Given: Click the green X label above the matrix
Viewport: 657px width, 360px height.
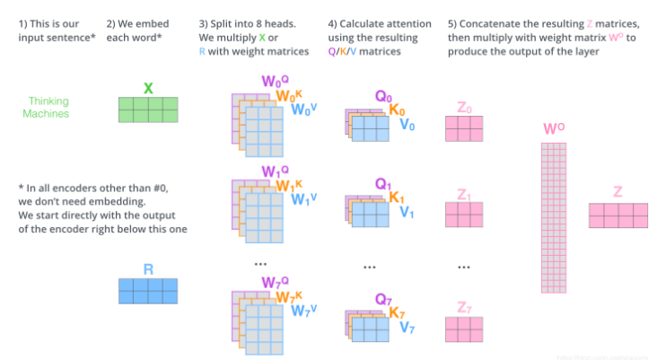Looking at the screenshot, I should (148, 88).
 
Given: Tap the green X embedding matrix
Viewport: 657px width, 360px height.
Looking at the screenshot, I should (148, 110).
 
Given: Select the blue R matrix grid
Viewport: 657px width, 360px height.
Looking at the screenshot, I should (148, 291).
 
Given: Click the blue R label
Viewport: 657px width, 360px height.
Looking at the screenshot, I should (148, 268).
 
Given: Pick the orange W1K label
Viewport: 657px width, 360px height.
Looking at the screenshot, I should (290, 186).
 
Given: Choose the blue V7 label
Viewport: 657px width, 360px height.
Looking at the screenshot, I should (407, 327).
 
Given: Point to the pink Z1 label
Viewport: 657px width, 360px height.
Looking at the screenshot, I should (463, 193).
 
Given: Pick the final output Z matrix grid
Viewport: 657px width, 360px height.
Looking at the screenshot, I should (618, 215).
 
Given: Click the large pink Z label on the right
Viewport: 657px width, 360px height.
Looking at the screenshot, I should (618, 191).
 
